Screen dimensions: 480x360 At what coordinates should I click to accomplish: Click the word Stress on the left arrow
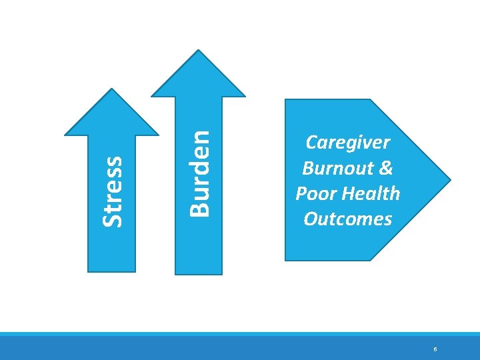(x=113, y=191)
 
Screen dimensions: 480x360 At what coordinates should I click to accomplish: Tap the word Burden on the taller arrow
(x=199, y=172)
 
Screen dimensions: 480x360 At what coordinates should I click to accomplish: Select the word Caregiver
(x=347, y=143)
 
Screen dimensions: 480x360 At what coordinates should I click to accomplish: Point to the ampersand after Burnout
(x=385, y=168)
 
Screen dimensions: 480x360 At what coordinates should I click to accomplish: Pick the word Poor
(x=317, y=193)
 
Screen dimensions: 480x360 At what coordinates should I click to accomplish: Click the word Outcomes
(x=347, y=219)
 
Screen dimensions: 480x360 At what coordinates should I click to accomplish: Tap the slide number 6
(x=435, y=349)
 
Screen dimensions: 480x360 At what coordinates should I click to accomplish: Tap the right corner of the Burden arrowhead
(x=245, y=96)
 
